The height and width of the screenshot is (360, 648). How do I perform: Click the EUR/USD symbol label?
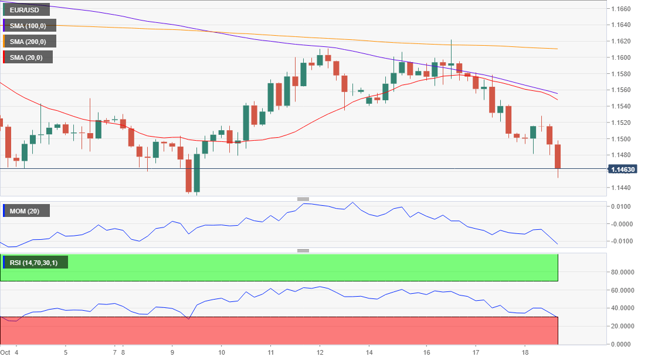coord(26,10)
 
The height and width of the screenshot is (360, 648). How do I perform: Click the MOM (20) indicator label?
coord(26,210)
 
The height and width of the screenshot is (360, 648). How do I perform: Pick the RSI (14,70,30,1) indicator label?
coord(35,263)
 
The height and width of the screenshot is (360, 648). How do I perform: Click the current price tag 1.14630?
coord(623,169)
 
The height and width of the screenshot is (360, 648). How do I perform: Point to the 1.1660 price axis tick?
coord(620,9)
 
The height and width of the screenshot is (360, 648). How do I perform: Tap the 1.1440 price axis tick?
coord(620,188)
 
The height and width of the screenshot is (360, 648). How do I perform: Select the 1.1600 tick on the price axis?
coord(620,57)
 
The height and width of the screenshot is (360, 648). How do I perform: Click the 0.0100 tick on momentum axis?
coord(621,206)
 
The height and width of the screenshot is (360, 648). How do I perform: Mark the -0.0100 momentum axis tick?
coord(620,241)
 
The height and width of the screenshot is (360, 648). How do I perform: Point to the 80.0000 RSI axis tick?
coord(623,272)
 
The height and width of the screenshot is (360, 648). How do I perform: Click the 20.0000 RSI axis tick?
coord(623,326)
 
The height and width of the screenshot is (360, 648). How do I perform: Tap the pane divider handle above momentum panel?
coord(303,199)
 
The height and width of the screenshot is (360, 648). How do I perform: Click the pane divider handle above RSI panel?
coord(303,250)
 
